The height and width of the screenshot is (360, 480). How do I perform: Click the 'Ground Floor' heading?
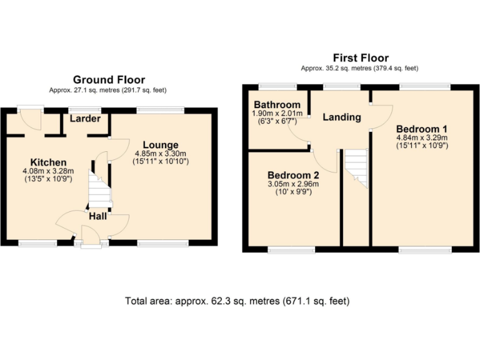tap(109, 79)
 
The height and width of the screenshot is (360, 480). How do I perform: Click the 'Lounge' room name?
tap(161, 145)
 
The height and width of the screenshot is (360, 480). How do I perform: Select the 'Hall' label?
tap(97, 216)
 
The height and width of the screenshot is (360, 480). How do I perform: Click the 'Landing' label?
tap(341, 117)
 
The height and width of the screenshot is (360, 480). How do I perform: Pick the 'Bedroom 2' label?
tap(294, 175)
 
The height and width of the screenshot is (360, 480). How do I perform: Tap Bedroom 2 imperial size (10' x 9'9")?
tap(294, 192)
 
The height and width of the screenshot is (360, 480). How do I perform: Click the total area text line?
tap(237, 301)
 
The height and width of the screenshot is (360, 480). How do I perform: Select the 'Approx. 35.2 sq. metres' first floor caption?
tap(359, 68)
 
